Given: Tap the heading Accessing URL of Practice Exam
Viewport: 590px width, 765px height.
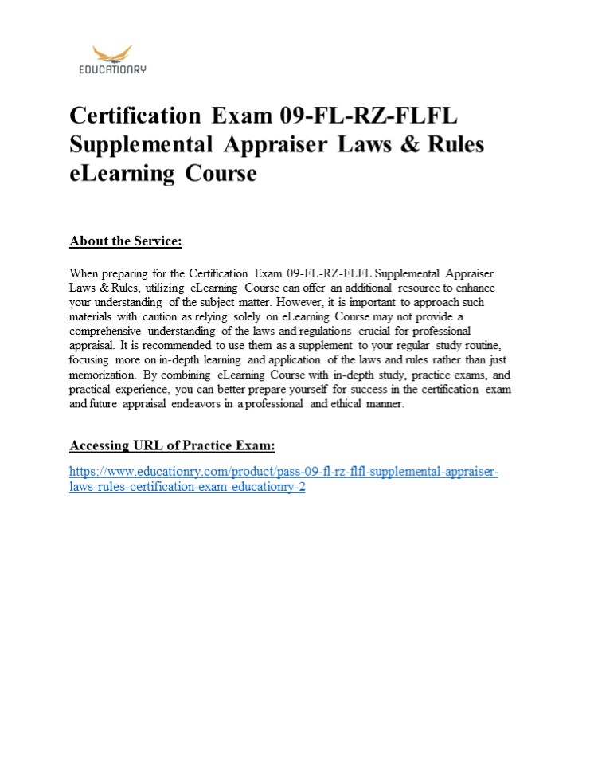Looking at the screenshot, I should pos(172,445).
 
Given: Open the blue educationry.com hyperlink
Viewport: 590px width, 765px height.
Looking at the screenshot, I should pos(283,472).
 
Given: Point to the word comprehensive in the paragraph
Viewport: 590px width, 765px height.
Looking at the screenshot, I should pos(105,330).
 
